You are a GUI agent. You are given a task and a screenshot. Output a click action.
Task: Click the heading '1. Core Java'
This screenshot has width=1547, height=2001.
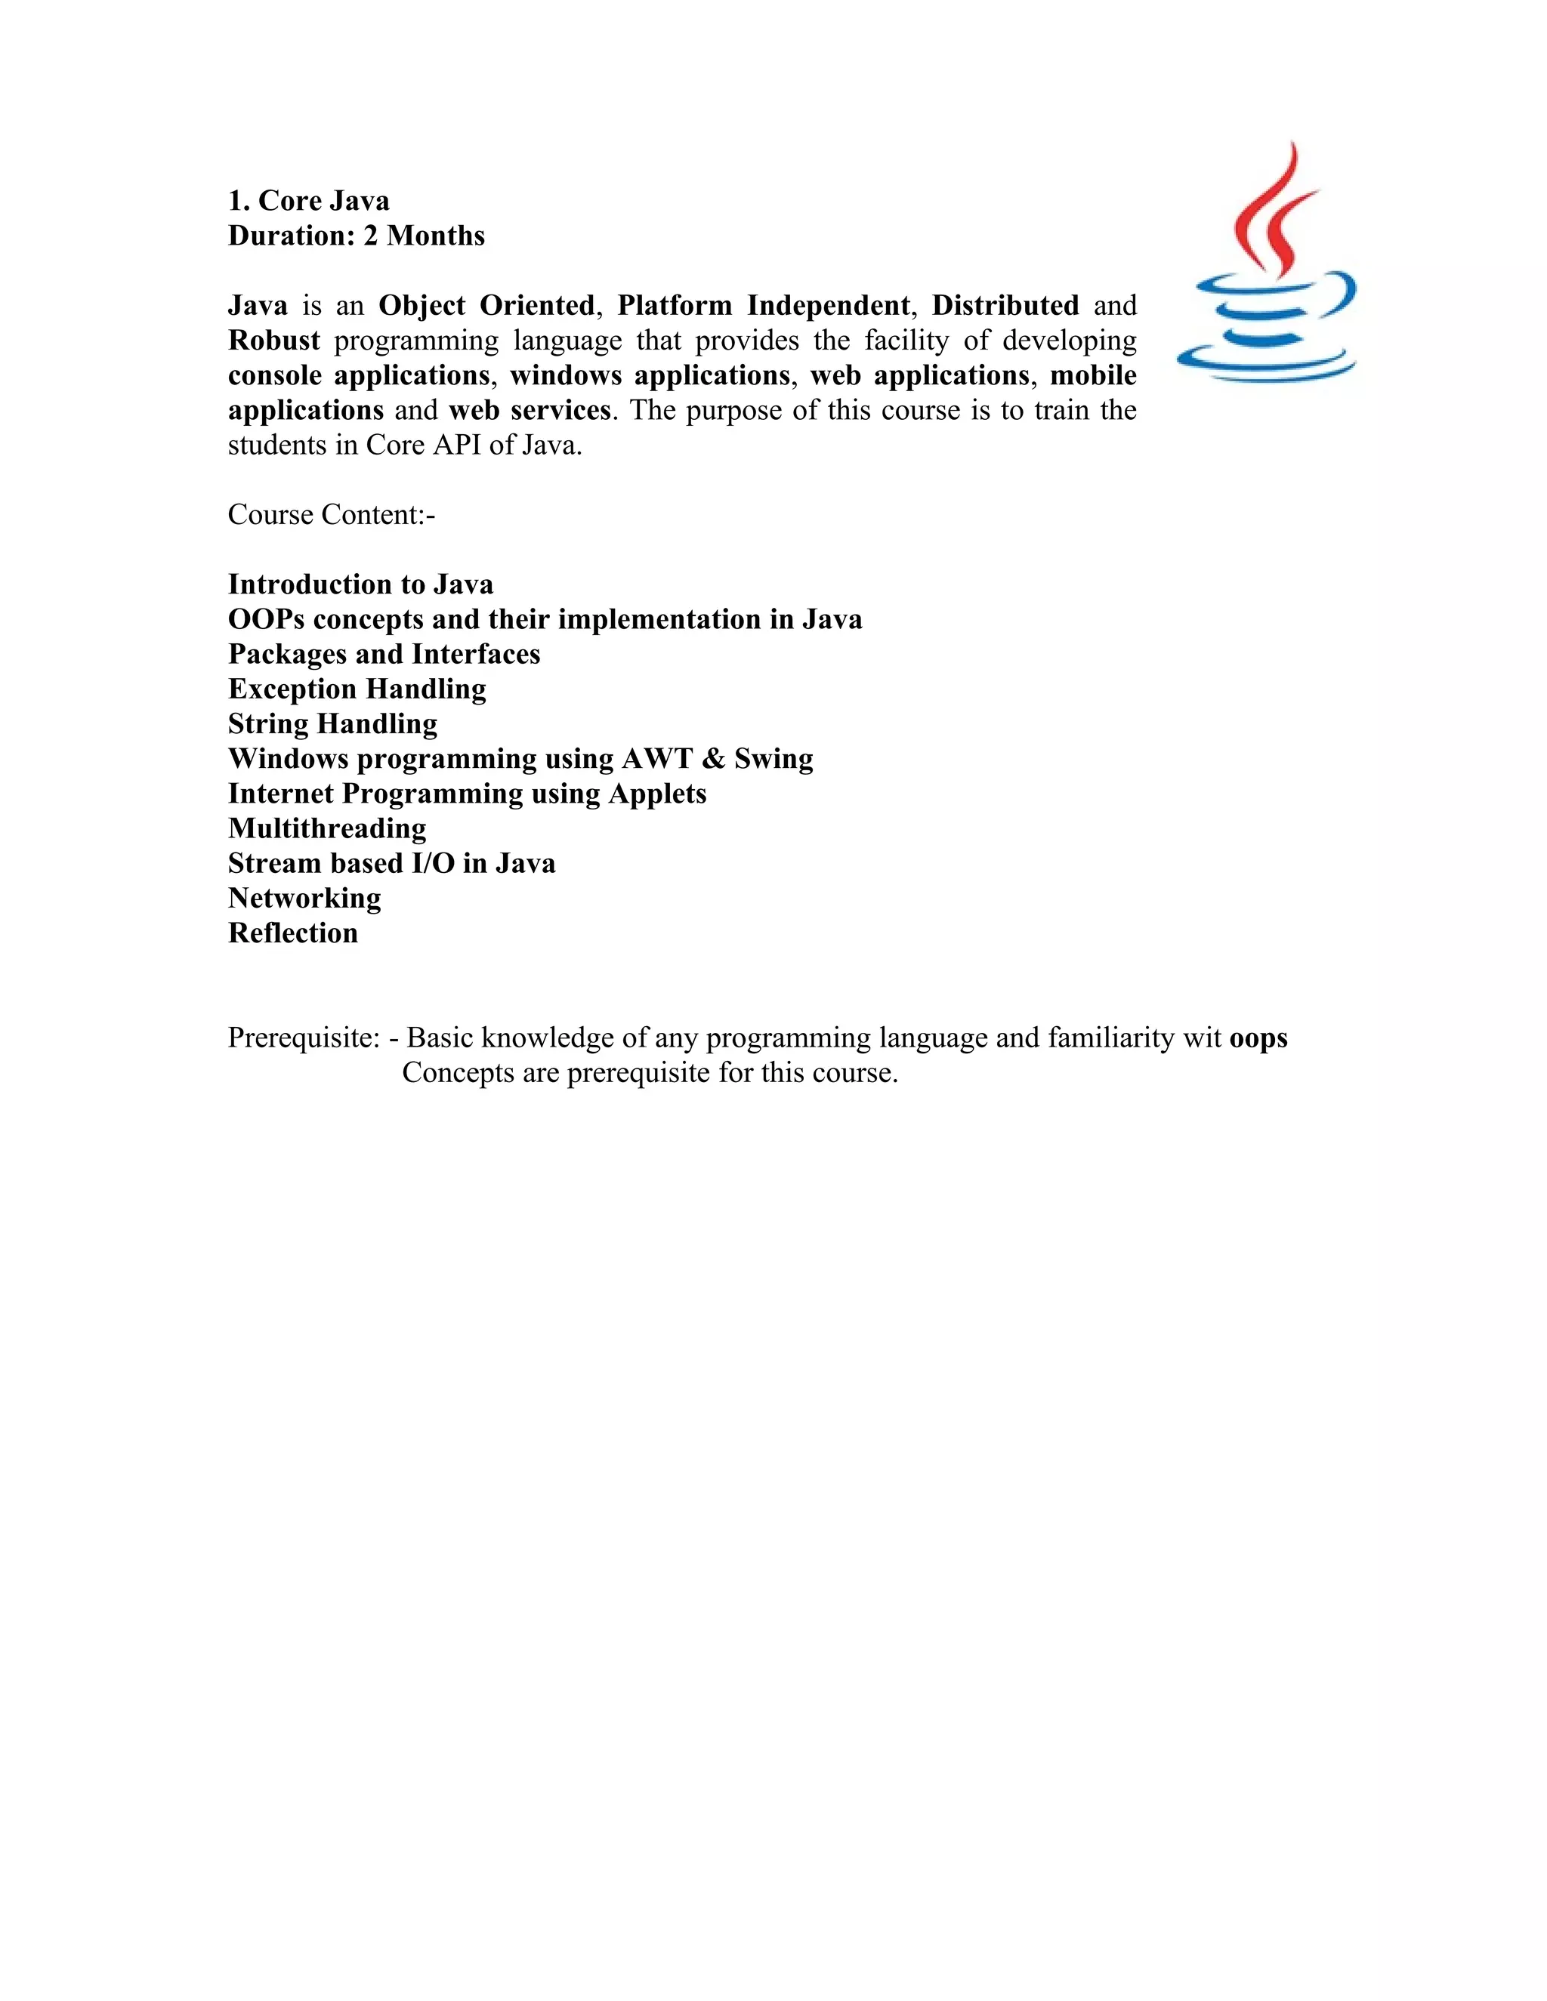309,201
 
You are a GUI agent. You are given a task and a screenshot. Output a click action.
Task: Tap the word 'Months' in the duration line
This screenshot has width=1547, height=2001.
437,236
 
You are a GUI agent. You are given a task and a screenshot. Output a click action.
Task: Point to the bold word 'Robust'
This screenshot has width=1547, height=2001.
274,340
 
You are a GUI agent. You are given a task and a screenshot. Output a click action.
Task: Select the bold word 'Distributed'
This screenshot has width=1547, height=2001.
1005,305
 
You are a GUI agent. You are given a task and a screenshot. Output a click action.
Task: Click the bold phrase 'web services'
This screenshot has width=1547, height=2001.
530,409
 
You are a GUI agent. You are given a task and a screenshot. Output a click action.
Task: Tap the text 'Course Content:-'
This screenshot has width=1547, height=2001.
332,514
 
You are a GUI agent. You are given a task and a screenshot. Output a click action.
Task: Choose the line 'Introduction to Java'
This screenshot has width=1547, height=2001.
360,584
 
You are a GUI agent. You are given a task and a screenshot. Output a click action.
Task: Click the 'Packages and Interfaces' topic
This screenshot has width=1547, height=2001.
384,653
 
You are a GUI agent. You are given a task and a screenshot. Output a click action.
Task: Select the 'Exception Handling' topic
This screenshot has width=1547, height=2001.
357,688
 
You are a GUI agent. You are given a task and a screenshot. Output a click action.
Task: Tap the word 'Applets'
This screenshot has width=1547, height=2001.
658,793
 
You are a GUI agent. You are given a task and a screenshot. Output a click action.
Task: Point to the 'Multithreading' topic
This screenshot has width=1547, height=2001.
327,828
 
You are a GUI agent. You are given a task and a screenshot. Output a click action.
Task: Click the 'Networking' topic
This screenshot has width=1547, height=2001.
304,897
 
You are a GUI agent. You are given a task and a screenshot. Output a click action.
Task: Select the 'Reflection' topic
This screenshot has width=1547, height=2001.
293,932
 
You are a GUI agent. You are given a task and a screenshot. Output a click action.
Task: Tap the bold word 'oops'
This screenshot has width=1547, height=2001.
1258,1037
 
